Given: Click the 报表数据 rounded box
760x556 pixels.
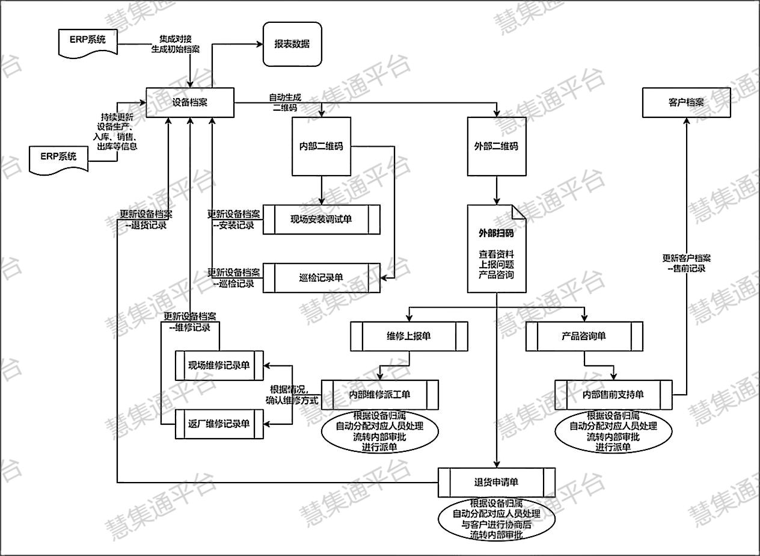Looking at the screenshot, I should [x=292, y=44].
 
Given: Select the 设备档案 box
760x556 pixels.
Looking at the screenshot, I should [x=189, y=102].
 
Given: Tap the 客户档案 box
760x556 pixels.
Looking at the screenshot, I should [x=686, y=102].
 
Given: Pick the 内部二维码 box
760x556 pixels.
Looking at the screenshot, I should [x=321, y=146].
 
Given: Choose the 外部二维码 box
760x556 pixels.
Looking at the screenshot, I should [x=497, y=146].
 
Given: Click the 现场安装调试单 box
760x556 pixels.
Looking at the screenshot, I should [x=322, y=220].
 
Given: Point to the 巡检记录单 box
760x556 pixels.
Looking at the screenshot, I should [x=322, y=277].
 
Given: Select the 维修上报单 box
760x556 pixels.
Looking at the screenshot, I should [x=409, y=336].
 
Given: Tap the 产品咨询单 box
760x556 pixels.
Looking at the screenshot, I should [x=584, y=336].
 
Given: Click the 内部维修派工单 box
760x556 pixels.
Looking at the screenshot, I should [x=379, y=395].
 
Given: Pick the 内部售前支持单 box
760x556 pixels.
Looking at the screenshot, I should [x=613, y=395].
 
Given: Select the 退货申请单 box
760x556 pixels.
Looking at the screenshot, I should [x=497, y=483].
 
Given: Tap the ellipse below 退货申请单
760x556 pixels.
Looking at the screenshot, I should [x=497, y=519].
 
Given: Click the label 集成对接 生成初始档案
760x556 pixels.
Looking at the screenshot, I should [x=176, y=44].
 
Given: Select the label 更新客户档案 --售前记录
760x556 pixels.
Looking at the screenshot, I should [x=686, y=263].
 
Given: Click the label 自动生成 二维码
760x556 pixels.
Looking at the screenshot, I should [x=285, y=102].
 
